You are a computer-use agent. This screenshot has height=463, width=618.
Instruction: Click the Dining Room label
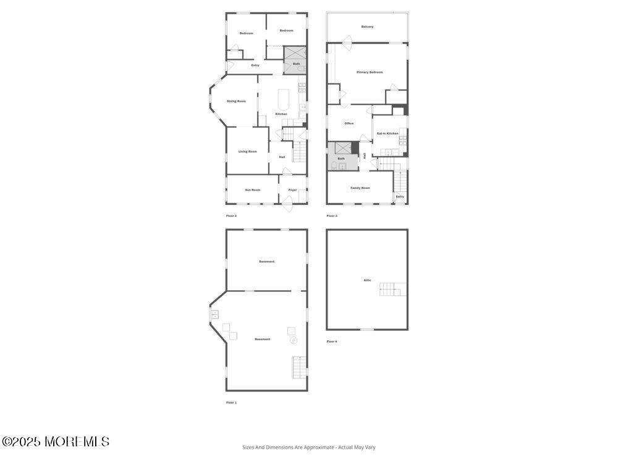[236, 101]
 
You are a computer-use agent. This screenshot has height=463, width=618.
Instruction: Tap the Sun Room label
[252, 190]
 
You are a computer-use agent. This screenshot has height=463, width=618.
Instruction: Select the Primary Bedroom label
[370, 72]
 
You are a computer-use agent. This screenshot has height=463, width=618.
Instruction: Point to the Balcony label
[367, 27]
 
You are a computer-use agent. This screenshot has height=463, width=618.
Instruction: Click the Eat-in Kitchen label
[387, 133]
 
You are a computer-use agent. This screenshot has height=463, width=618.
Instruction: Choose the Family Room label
[360, 188]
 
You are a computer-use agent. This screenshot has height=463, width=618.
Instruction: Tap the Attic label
[367, 280]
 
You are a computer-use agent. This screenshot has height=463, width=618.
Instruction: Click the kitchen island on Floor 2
[283, 99]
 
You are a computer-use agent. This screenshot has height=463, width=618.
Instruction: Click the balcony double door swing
[347, 43]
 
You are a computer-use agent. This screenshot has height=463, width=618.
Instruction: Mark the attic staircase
[391, 288]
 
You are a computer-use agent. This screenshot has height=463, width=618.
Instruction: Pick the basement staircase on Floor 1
[299, 368]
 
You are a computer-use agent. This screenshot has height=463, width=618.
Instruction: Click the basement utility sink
[214, 314]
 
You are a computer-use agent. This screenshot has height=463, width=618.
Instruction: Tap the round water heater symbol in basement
[294, 340]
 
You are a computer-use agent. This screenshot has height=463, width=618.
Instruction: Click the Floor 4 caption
[332, 341]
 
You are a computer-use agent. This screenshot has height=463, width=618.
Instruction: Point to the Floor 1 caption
[231, 403]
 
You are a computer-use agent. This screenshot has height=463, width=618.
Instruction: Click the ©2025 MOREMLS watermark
[56, 442]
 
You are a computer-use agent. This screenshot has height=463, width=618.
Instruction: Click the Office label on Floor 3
[349, 123]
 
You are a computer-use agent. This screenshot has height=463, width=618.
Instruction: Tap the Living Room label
[248, 151]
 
